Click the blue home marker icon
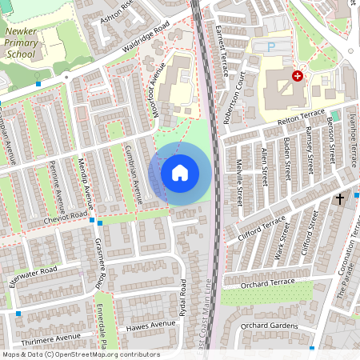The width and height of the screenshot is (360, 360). (x=180, y=172)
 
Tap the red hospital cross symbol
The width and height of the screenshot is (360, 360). (x=298, y=76)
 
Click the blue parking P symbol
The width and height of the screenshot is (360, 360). (x=271, y=47)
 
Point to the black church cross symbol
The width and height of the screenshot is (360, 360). (x=339, y=198)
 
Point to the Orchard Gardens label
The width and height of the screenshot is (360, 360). (x=269, y=326)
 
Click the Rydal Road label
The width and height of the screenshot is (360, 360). (x=183, y=298)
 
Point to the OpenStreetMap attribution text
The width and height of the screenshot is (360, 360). (x=81, y=354)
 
